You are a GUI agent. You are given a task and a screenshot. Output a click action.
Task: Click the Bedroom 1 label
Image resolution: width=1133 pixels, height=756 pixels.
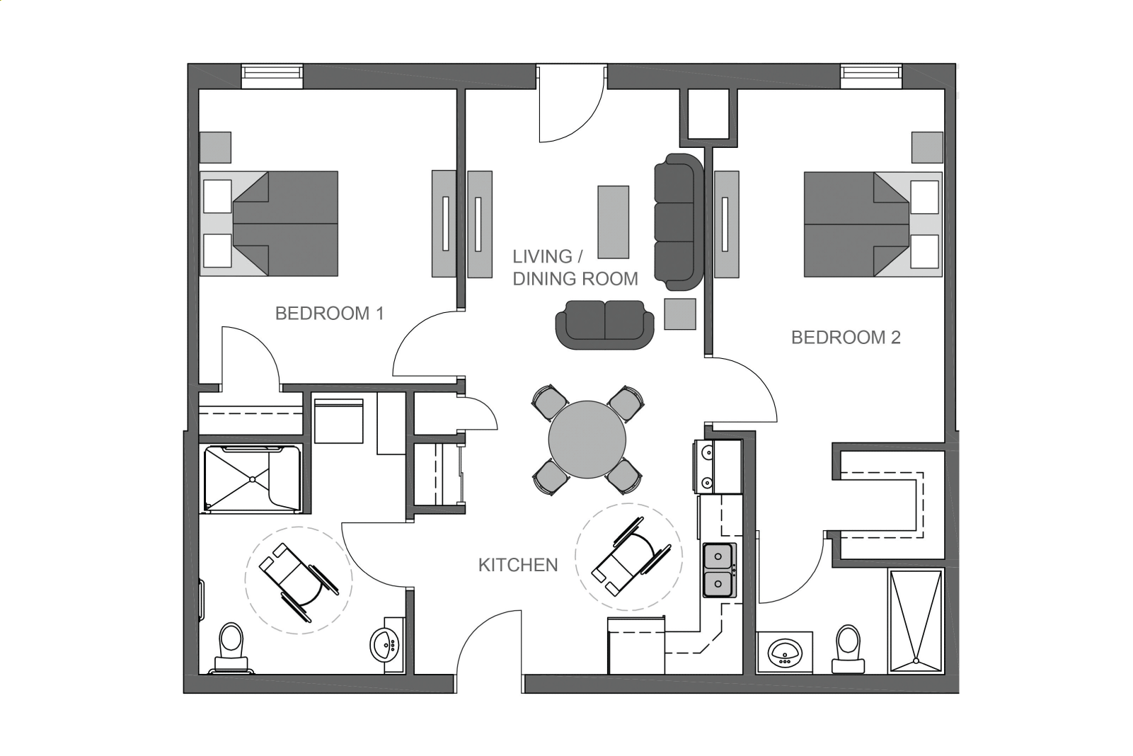(329, 313)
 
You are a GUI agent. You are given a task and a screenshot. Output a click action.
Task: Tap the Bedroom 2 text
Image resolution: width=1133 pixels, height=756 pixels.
(846, 338)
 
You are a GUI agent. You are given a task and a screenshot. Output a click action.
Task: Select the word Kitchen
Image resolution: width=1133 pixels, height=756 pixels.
(518, 565)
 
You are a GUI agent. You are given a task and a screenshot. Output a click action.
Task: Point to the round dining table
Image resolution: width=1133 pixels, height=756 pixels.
(587, 439)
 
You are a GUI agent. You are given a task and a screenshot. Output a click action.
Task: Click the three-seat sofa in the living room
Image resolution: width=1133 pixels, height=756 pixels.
(679, 222)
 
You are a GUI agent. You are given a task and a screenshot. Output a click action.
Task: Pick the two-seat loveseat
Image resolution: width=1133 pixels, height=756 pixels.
(605, 324)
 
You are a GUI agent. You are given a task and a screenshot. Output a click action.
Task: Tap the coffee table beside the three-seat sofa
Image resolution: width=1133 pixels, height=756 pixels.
(613, 222)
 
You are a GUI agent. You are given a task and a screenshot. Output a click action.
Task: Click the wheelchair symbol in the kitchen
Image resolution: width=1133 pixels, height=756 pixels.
(632, 556)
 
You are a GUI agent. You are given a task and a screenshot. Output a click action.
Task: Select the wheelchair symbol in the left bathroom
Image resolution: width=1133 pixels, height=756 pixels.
(299, 582)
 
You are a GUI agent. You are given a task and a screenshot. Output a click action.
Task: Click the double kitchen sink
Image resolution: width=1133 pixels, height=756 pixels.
(719, 570)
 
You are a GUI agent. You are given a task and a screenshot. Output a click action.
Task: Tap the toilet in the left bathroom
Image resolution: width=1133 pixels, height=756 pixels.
(231, 648)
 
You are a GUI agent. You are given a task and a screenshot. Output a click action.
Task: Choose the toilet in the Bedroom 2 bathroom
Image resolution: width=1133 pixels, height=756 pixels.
(848, 650)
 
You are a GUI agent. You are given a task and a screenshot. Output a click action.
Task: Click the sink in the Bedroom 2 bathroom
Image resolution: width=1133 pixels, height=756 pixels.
(785, 653)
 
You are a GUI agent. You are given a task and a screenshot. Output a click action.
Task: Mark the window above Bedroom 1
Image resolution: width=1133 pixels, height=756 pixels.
(272, 76)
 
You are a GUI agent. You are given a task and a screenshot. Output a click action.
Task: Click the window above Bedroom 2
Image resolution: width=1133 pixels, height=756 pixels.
(871, 76)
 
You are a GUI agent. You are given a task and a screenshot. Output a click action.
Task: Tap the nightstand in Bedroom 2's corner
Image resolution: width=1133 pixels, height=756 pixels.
(927, 148)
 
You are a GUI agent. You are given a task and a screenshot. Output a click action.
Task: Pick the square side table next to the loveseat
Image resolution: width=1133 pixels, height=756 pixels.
(680, 314)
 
